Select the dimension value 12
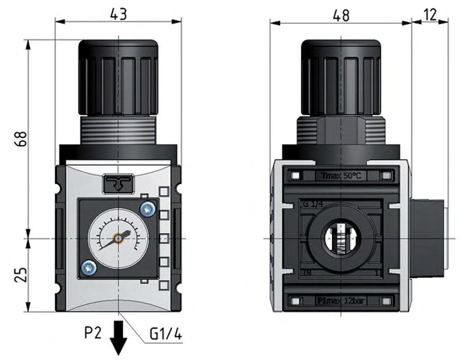click(x=430, y=15)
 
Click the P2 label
click(x=93, y=333)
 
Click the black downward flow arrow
click(x=118, y=336)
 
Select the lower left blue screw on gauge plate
click(x=89, y=268)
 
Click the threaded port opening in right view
click(x=341, y=239)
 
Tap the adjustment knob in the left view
click(x=118, y=78)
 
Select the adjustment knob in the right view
click(x=341, y=78)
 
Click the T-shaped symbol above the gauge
click(x=118, y=183)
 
